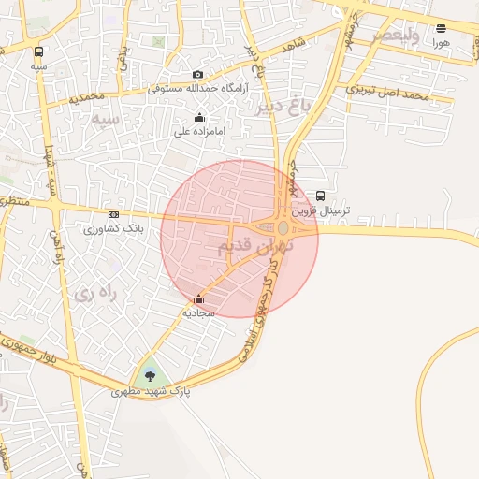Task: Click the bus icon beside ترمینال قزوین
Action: click(321, 196)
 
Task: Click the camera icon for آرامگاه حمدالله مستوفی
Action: click(197, 75)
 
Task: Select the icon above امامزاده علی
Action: click(199, 118)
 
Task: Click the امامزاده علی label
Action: click(200, 132)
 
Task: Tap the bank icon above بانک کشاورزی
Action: click(113, 214)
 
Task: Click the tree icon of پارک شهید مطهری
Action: click(151, 376)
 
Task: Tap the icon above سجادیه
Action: click(198, 299)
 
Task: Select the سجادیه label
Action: click(199, 313)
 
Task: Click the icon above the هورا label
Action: click(442, 28)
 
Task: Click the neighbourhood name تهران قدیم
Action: click(254, 246)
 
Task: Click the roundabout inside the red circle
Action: click(283, 227)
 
